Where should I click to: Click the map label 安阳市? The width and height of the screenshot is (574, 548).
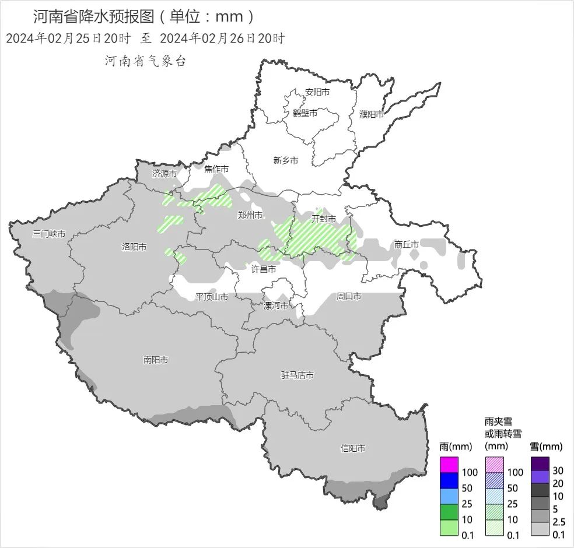point(317,92)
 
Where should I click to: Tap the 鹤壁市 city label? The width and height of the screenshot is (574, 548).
point(305,113)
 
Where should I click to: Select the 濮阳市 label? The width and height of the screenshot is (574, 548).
point(372,114)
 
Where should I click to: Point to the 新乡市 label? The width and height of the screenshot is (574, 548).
point(286,160)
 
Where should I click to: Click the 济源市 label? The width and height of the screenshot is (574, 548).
point(164,173)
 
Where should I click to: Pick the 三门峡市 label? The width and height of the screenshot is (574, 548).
point(49,234)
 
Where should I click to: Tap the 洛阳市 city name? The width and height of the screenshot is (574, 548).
point(134,247)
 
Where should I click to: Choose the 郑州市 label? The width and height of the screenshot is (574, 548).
point(250,215)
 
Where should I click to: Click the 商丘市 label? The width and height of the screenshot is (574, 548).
point(407,244)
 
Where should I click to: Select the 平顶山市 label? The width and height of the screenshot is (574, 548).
point(212,297)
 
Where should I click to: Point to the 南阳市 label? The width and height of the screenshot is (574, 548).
point(156,360)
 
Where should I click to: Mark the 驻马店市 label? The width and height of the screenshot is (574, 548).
point(297,375)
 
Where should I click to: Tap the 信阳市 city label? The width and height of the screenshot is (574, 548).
point(353,448)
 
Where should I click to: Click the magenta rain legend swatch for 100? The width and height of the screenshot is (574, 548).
point(449,465)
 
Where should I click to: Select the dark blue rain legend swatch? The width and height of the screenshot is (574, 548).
point(449,481)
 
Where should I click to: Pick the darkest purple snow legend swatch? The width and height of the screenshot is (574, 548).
point(540,463)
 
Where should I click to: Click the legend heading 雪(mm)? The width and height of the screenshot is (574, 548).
point(546,447)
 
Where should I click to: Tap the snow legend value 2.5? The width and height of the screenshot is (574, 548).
point(558,522)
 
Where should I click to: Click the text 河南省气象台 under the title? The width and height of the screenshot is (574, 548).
point(145,61)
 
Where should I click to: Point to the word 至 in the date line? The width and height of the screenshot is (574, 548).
point(145,39)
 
